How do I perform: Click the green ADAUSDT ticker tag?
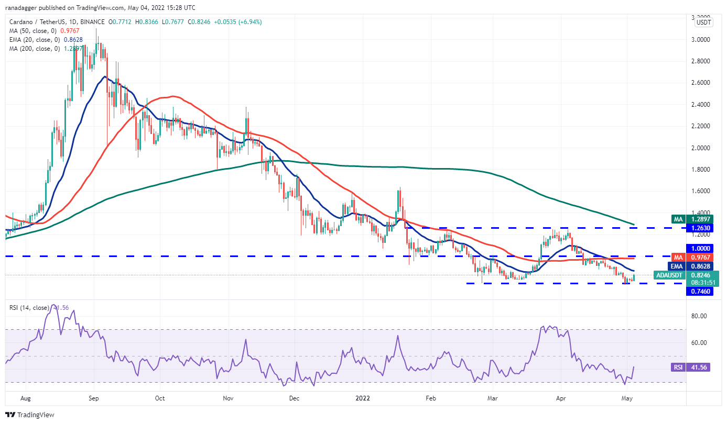pos(670,275)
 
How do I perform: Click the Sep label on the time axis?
pos(94,398)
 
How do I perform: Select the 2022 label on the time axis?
pos(363,398)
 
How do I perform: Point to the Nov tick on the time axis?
pos(227,398)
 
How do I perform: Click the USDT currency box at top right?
pos(703,23)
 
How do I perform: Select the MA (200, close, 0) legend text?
pos(34,49)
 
